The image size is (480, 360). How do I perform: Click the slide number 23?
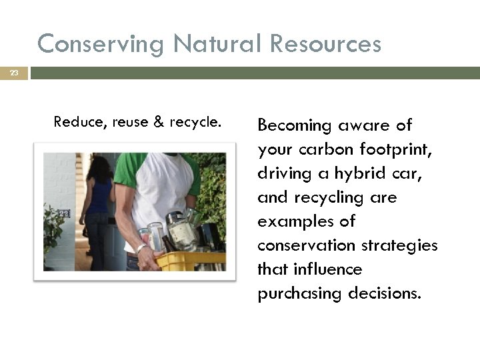pyautogui.click(x=14, y=73)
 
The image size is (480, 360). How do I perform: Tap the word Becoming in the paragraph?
pyautogui.click(x=294, y=126)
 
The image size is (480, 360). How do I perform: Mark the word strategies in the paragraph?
pyautogui.click(x=399, y=245)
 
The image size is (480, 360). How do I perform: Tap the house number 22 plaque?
pyautogui.click(x=64, y=213)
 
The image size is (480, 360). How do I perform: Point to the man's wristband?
pyautogui.click(x=142, y=249)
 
